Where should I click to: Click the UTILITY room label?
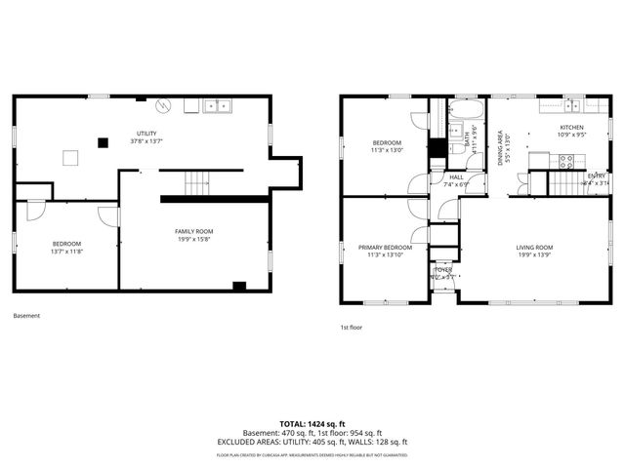coord(146,134)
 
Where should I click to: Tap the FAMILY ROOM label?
coord(194,231)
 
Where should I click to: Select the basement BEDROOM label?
coord(66,243)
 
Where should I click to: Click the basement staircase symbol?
coord(198,180)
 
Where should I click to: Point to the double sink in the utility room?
coord(216,105)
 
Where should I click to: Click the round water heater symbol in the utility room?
coord(165,106)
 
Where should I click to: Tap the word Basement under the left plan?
coord(27,316)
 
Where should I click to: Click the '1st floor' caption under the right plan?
coord(351,328)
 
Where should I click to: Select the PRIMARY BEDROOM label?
coord(385,248)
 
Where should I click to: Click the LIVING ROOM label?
coord(534,248)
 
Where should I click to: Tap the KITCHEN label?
coord(571,128)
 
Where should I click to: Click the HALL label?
coord(456,176)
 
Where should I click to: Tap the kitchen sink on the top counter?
coord(574,105)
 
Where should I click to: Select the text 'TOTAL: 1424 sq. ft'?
coord(312,424)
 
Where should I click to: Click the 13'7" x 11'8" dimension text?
coord(66,251)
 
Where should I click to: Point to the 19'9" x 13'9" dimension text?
coord(534,255)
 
